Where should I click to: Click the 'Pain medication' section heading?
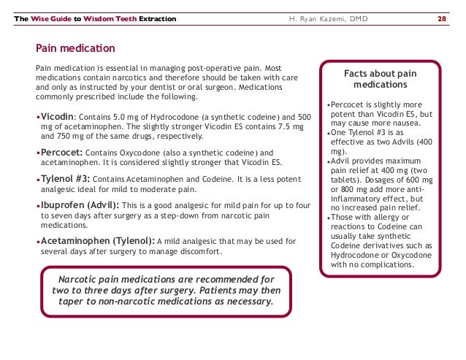pyautogui.click(x=75, y=49)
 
